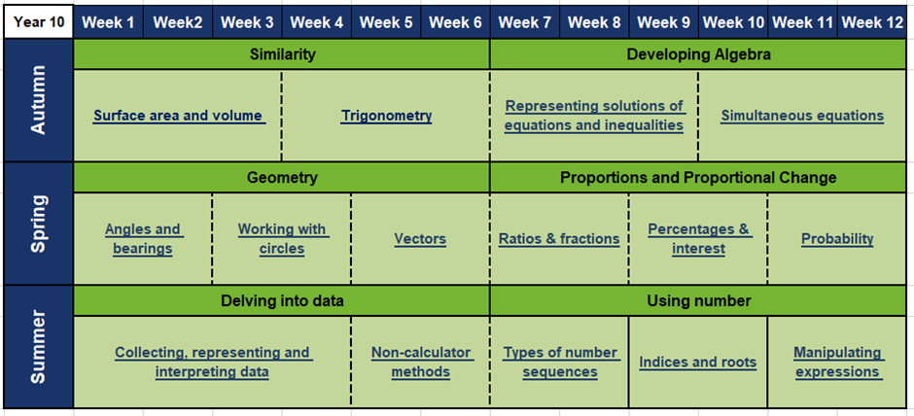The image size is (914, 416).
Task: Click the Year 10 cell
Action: [39, 22]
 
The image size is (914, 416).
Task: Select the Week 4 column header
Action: [317, 22]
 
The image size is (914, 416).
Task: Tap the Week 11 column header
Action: [803, 22]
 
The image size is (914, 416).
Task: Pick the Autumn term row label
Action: [39, 100]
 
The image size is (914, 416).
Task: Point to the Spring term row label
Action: [39, 224]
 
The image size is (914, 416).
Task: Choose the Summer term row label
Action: [39, 347]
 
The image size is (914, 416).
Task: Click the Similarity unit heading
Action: [282, 54]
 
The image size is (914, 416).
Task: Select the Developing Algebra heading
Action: [699, 54]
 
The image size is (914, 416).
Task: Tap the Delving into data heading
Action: [282, 301]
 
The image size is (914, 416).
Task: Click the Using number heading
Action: [699, 301]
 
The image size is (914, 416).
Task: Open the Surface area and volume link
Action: [178, 116]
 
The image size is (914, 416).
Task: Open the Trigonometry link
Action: [386, 116]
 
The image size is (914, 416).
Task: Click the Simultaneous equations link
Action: [802, 116]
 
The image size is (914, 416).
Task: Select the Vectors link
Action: [420, 239]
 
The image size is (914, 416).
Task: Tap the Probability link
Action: [837, 239]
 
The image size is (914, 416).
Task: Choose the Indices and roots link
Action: [698, 363]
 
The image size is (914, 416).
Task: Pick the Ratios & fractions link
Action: [559, 239]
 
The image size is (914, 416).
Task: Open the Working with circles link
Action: [282, 239]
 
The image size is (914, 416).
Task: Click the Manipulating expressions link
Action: [837, 363]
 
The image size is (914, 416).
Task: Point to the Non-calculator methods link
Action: [420, 363]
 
